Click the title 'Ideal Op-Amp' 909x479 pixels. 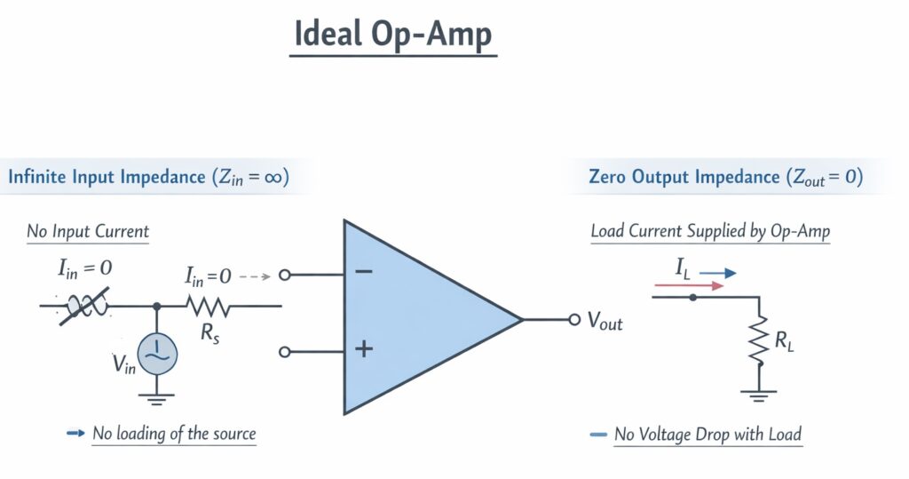(393, 35)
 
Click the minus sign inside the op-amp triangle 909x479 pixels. (363, 271)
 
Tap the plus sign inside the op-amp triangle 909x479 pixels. (363, 348)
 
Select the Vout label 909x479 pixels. (605, 322)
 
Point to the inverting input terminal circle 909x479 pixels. (285, 275)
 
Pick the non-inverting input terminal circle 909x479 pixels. (285, 352)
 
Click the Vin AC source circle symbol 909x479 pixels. (157, 352)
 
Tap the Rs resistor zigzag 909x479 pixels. (208, 307)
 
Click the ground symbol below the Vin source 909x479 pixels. (157, 397)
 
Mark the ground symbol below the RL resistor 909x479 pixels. (758, 394)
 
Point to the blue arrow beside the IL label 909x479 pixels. (717, 274)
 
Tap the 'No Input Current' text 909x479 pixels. (88, 232)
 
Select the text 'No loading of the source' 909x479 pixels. (174, 434)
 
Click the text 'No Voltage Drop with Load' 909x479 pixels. (707, 434)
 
